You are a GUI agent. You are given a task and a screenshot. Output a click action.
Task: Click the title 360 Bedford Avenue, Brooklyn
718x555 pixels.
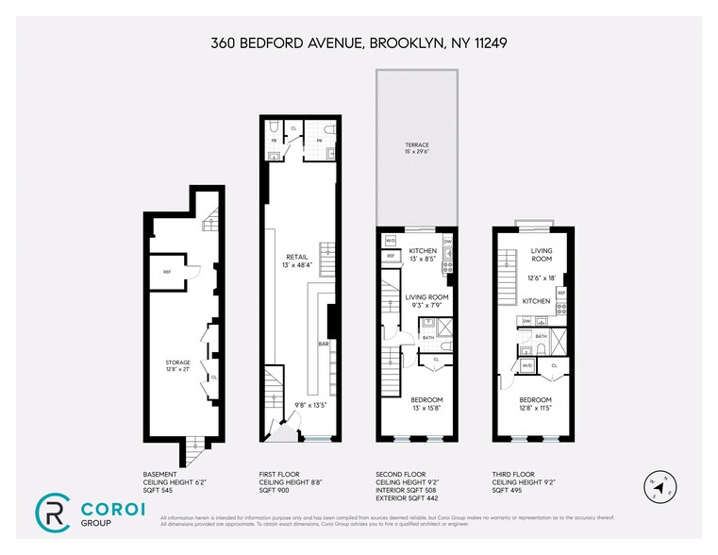pyautogui.click(x=359, y=43)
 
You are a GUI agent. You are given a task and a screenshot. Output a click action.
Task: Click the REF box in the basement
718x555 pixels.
pyautogui.click(x=167, y=272)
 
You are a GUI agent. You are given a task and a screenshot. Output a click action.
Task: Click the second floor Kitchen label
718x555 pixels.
pyautogui.click(x=422, y=250)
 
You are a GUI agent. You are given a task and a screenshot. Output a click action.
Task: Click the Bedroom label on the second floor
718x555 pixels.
pyautogui.click(x=426, y=400)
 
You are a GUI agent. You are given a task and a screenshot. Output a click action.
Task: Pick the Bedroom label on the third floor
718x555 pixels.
pyautogui.click(x=535, y=400)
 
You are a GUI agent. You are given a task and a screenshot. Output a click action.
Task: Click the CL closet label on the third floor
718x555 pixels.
pyautogui.click(x=554, y=364)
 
